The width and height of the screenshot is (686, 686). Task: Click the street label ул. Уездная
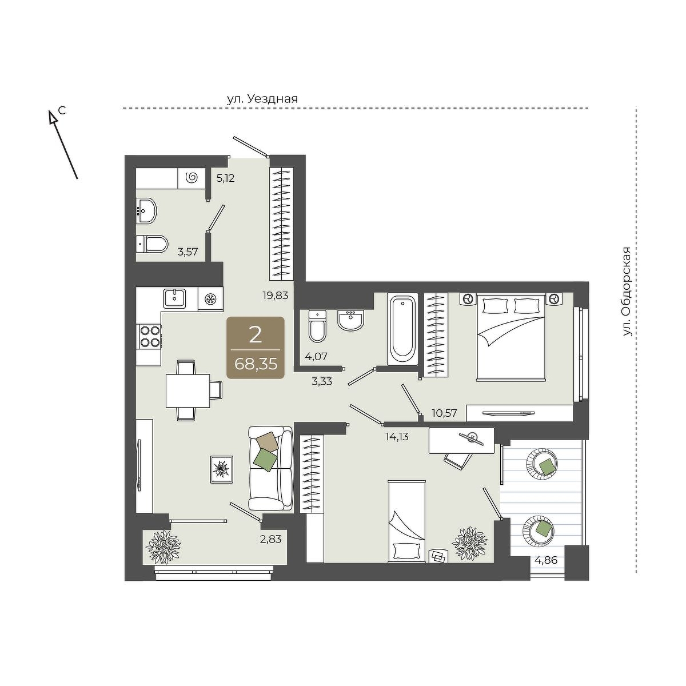point(262,98)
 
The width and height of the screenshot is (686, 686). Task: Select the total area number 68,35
point(256,364)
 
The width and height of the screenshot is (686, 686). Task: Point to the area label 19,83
point(274,295)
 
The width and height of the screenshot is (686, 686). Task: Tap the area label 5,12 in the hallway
point(225,178)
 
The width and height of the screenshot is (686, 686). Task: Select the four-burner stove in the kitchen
point(150,336)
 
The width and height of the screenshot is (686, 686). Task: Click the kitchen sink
point(174,298)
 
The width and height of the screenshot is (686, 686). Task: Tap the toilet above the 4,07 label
point(317,326)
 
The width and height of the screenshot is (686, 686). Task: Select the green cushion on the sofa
point(265,460)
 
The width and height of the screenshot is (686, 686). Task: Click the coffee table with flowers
point(221,469)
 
